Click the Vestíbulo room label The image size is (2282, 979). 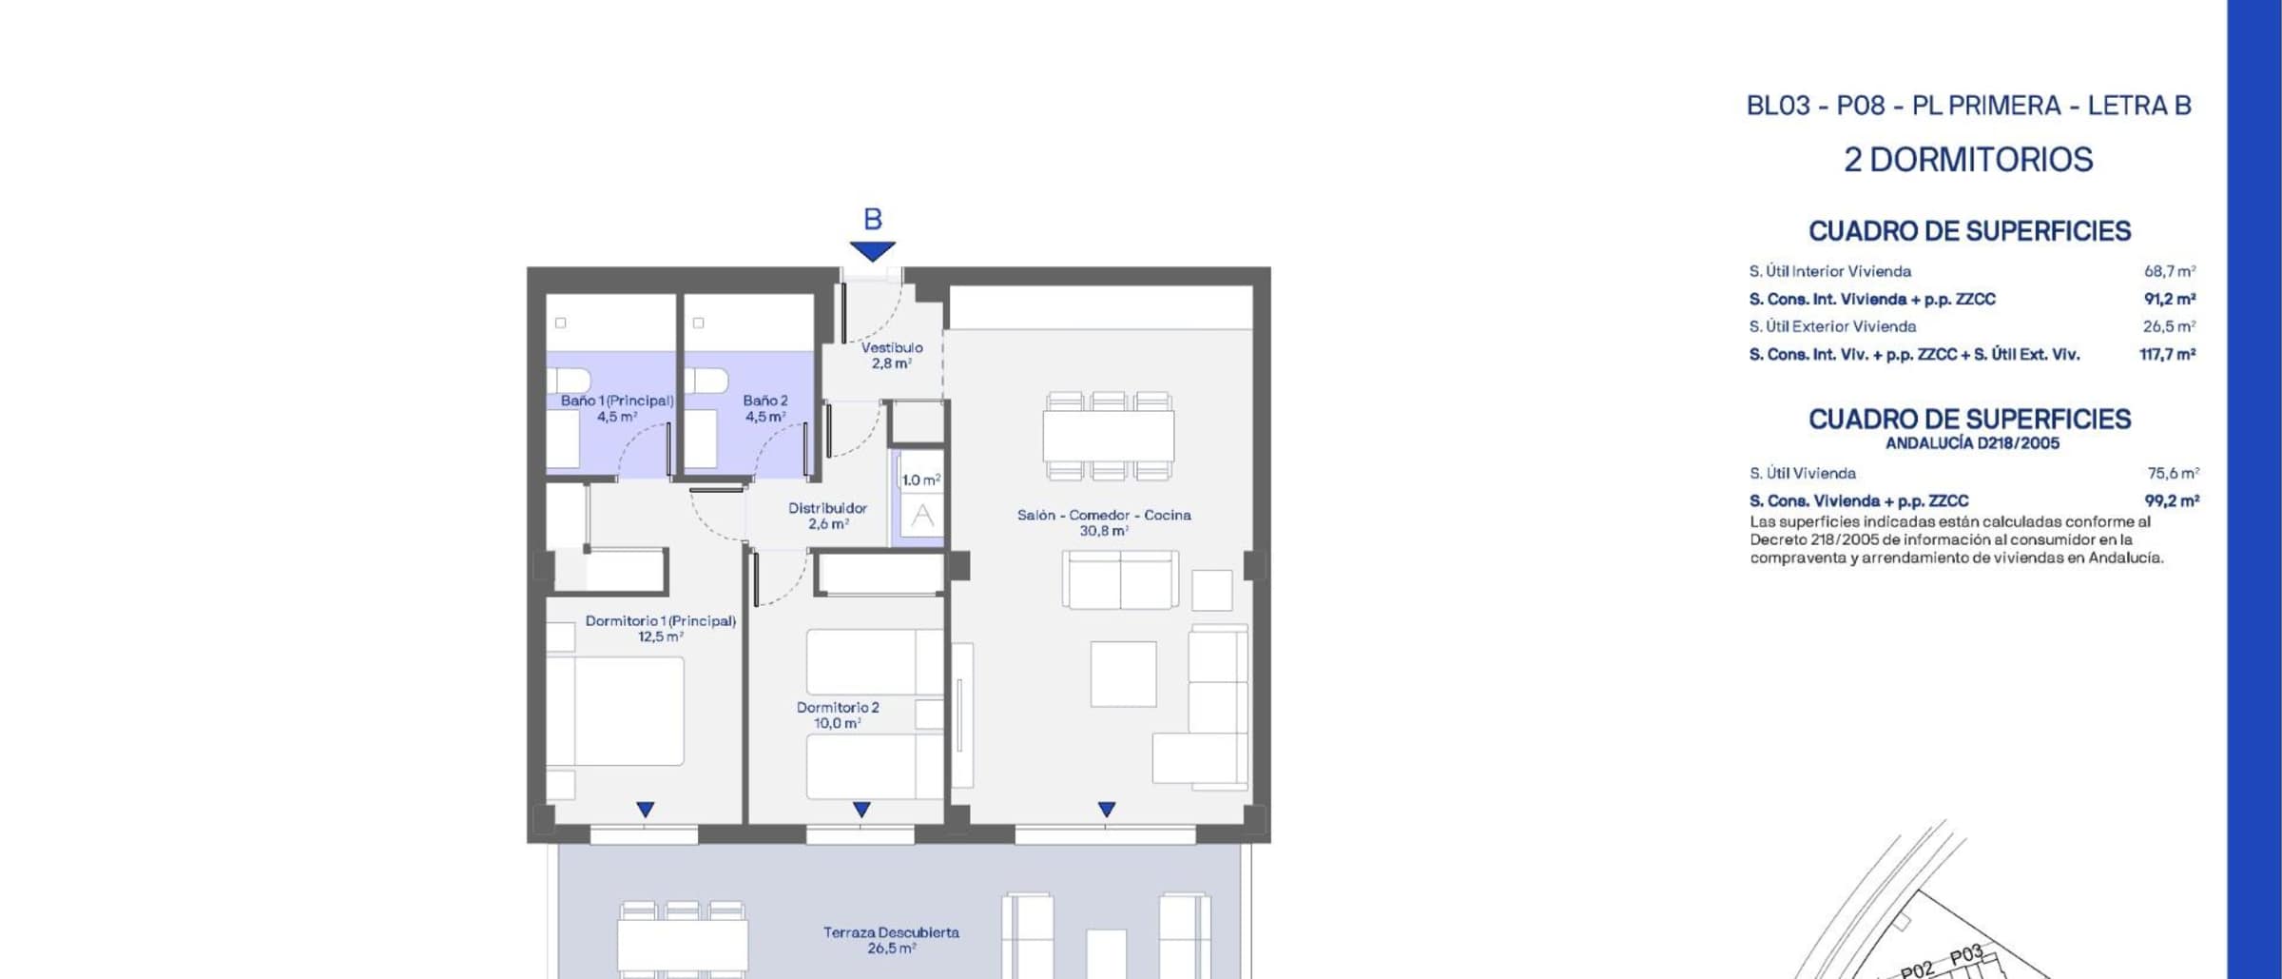tap(892, 348)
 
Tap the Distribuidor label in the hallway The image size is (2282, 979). tap(827, 508)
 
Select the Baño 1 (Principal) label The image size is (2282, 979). tap(617, 401)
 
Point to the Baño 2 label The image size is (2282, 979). tap(765, 401)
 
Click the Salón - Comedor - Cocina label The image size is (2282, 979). tap(1104, 515)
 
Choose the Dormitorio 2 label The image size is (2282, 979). tap(838, 707)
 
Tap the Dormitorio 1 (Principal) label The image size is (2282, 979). tap(661, 620)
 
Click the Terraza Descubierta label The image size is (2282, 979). tap(891, 932)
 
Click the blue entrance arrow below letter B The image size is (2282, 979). tap(873, 251)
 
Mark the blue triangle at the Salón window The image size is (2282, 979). tap(1106, 809)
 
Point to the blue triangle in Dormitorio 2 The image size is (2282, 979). tap(861, 809)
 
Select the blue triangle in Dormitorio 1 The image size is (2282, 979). tap(646, 809)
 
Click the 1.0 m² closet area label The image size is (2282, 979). tap(921, 480)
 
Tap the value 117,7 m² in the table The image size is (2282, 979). tap(2168, 354)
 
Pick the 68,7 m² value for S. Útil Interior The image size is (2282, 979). tap(2170, 271)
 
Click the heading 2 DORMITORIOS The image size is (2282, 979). tap(1968, 159)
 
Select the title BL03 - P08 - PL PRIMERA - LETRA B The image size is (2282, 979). tap(1968, 106)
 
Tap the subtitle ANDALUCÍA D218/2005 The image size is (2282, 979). tap(1972, 443)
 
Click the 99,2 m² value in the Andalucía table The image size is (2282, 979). tap(2172, 500)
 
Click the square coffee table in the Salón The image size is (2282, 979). tap(1123, 674)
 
